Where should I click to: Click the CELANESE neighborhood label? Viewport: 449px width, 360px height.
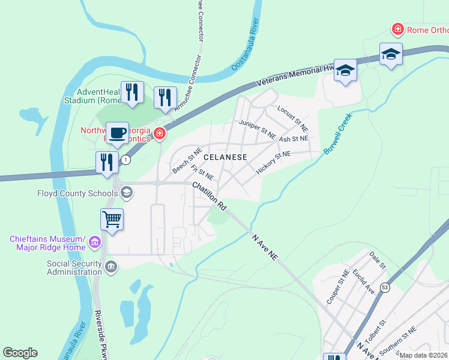coord(226,157)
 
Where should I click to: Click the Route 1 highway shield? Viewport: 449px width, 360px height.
coord(125,160)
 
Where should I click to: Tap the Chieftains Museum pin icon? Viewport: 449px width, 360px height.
coord(94,242)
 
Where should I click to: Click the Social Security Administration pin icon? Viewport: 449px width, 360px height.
coord(110,267)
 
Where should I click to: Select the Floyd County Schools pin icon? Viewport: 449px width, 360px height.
coord(126,193)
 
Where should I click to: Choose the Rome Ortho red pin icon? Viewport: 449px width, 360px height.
coord(397,29)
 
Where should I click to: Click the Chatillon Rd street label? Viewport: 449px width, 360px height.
coord(209,196)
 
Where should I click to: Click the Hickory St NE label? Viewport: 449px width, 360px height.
coord(273,163)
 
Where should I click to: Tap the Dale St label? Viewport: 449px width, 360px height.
coord(378,260)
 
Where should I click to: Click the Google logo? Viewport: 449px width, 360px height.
coord(20,353)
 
